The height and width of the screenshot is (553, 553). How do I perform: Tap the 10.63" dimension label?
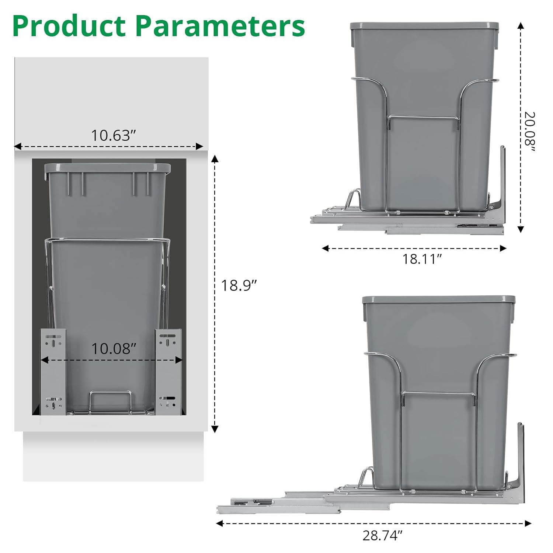coord(111,135)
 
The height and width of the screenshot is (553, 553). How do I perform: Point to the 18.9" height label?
coord(239,285)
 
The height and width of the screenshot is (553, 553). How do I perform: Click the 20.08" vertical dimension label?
coord(529,131)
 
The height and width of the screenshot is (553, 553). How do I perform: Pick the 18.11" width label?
coord(421,259)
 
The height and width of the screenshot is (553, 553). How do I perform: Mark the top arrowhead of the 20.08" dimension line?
coord(521,25)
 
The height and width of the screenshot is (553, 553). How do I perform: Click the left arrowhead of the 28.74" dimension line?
coord(219,523)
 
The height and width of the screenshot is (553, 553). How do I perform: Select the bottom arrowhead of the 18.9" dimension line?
coord(215,429)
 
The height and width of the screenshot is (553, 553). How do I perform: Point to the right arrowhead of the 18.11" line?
coord(503,248)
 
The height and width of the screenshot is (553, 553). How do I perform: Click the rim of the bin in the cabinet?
coord(107,168)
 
